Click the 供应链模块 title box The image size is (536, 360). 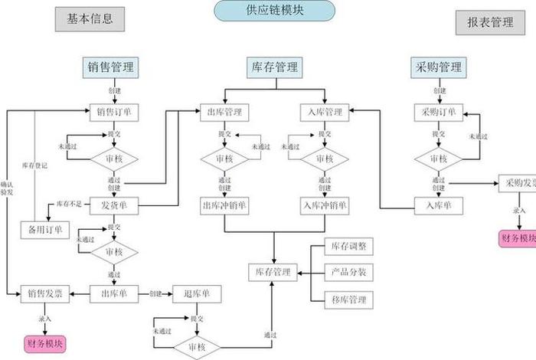click(274, 11)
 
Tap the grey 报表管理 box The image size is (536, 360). click(490, 22)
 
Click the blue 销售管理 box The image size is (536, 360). click(111, 67)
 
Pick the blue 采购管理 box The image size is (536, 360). click(436, 67)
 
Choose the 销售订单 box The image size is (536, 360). click(113, 112)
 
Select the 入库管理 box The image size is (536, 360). click(323, 113)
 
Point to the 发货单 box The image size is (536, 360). click(113, 205)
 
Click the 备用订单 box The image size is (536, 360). click(44, 229)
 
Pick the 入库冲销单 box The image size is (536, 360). click(325, 205)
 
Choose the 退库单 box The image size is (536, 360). click(202, 293)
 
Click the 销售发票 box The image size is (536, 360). click(45, 293)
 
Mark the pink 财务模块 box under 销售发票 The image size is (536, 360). click(45, 342)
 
